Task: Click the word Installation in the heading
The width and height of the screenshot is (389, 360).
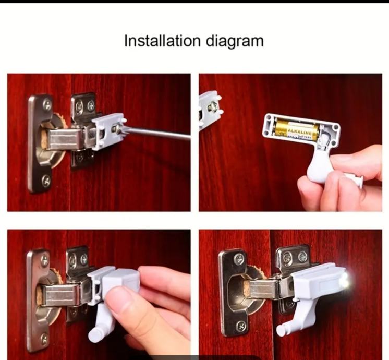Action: [x=162, y=41]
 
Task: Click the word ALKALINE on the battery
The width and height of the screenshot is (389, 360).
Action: [x=299, y=130]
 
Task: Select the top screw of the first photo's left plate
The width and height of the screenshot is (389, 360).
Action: [x=47, y=104]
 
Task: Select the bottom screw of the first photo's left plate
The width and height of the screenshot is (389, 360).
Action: [x=46, y=181]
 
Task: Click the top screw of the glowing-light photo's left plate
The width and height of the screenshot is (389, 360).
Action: [x=238, y=259]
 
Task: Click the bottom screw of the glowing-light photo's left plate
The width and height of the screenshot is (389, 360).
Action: [x=241, y=326]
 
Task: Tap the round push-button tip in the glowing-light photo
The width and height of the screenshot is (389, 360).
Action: [x=281, y=329]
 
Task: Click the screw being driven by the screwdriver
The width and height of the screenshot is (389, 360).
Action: [x=116, y=128]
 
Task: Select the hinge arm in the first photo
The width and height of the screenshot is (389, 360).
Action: [x=65, y=139]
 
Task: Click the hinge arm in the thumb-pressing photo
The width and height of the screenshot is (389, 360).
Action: [x=60, y=294]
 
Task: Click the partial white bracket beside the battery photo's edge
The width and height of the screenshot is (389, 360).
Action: [x=210, y=110]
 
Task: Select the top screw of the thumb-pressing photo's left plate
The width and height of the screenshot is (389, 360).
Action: [x=45, y=260]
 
